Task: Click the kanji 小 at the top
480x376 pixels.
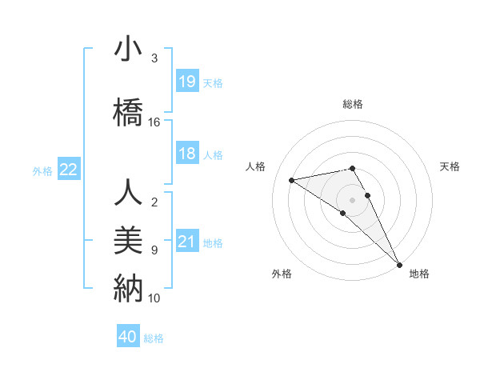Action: coord(128,50)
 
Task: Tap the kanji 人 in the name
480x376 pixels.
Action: coord(128,193)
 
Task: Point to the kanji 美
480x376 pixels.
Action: coord(128,238)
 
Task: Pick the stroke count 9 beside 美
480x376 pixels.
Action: coord(154,250)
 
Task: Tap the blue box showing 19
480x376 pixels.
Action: coord(187,82)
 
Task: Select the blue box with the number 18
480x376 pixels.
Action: coord(187,154)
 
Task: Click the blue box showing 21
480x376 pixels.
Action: coord(187,242)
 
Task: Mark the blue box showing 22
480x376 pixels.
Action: coord(69,170)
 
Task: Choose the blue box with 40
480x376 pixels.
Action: coord(128,337)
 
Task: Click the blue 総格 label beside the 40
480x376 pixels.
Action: coord(154,338)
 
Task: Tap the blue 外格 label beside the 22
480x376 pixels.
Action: coord(42,170)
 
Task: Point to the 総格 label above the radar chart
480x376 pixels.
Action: coord(353,104)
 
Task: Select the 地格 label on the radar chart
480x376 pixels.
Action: coord(419,274)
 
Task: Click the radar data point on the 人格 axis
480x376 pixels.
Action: coord(292,180)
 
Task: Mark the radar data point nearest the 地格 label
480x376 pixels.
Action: coord(399,263)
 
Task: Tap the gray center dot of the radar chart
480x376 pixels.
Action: coord(353,198)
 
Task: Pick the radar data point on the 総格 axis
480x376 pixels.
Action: coord(353,168)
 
